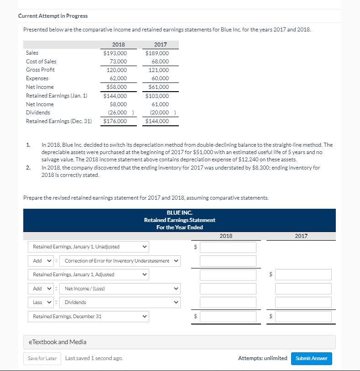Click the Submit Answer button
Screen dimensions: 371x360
pos(312,358)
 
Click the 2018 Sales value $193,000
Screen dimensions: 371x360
pos(115,53)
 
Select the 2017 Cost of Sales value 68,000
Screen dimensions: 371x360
pos(160,62)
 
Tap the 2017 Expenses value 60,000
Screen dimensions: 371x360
pos(160,78)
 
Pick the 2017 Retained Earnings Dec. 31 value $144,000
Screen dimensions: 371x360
pos(157,121)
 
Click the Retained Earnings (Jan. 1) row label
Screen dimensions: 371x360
pos(57,96)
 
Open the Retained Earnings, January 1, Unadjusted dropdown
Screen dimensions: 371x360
pos(89,247)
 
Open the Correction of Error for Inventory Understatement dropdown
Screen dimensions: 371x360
pos(121,261)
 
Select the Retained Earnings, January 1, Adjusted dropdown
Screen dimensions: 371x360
pos(89,274)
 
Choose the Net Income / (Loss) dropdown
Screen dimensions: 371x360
pos(121,289)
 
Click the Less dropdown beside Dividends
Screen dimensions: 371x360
pos(42,302)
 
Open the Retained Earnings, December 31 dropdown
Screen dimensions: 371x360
pos(89,316)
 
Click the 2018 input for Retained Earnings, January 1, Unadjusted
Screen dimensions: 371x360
pos(228,247)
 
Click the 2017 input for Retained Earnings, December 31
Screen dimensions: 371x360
pos(303,316)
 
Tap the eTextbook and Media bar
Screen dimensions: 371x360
pos(179,342)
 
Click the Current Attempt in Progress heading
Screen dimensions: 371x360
pos(53,16)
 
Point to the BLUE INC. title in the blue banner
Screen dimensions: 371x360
pos(179,213)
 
